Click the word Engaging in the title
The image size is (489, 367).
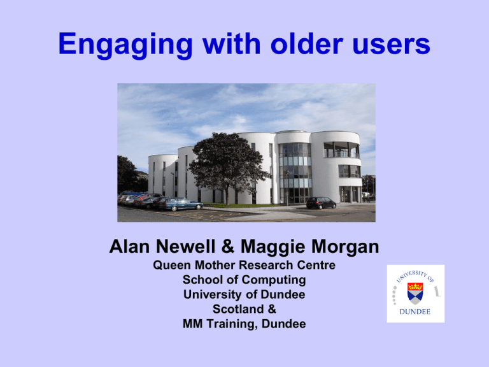(x=125, y=45)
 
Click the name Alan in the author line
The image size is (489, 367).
(x=129, y=246)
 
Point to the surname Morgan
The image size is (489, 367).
(x=345, y=247)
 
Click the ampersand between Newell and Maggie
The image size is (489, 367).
(x=228, y=246)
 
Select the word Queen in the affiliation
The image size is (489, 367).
(x=171, y=265)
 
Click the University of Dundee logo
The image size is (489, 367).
(x=416, y=294)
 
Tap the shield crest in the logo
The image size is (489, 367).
(x=415, y=293)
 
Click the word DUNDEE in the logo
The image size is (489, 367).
(x=415, y=312)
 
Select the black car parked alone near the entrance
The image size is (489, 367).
(x=321, y=203)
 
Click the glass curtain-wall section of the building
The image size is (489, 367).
(x=295, y=173)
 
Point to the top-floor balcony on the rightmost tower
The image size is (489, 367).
(x=341, y=150)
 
